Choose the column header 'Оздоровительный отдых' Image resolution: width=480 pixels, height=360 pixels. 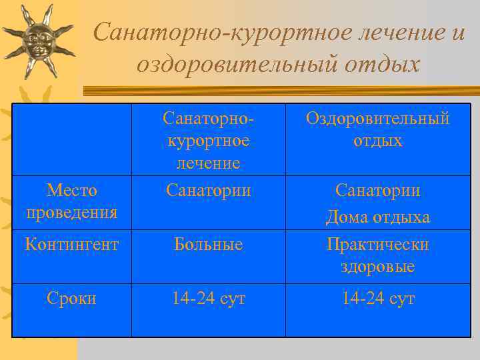(x=377, y=129)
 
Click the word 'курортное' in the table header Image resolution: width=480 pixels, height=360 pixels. (x=209, y=141)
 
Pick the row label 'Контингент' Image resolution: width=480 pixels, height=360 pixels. (x=71, y=245)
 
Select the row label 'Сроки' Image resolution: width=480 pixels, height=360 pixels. (x=71, y=298)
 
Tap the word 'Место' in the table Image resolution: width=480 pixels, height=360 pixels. (x=71, y=191)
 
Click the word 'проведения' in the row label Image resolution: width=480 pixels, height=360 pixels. (x=71, y=212)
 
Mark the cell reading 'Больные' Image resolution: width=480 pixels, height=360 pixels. (x=209, y=245)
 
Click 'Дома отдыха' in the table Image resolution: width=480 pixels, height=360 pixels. (x=377, y=217)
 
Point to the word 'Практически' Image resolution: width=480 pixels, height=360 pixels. (x=377, y=245)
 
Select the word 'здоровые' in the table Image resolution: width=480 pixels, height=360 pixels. (x=377, y=267)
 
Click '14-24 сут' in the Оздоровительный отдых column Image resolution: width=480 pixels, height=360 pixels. (x=377, y=298)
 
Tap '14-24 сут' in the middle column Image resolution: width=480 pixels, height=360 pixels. (x=209, y=298)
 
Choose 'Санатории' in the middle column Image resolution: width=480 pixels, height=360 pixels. (x=209, y=191)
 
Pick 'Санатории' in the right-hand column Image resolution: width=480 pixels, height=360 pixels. (x=377, y=191)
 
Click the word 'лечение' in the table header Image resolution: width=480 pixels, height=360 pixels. (x=209, y=163)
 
